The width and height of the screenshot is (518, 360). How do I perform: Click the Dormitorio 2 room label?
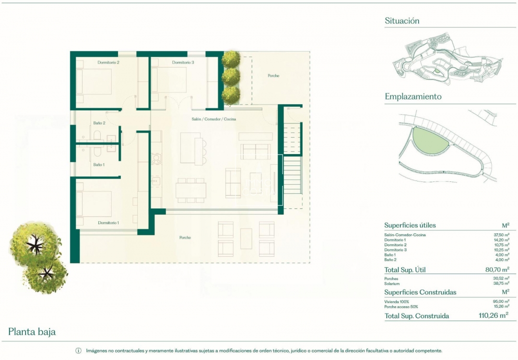(x=108, y=62)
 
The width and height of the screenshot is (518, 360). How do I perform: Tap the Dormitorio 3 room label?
(x=183, y=62)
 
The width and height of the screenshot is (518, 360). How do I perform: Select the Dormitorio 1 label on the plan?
(x=108, y=222)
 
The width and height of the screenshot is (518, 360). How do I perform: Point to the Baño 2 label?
(x=99, y=123)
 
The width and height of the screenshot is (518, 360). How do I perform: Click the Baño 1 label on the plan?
(x=99, y=165)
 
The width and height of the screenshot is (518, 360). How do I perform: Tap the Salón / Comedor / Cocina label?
(x=214, y=119)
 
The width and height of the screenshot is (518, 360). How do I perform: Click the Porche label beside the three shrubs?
(x=273, y=76)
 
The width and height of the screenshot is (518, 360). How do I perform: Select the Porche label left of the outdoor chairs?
(x=185, y=237)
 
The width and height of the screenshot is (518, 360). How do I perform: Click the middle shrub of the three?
(x=231, y=77)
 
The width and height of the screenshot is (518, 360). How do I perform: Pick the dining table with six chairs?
(x=191, y=191)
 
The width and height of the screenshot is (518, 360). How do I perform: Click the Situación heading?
(x=402, y=21)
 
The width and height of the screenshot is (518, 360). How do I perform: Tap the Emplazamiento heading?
(x=413, y=96)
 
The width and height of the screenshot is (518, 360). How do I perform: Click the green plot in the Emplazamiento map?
(x=429, y=141)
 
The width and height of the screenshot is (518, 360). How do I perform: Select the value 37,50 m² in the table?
(x=502, y=235)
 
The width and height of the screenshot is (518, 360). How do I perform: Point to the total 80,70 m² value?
(x=497, y=269)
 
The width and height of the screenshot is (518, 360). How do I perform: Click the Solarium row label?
(x=392, y=284)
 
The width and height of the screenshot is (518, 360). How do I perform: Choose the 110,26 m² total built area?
(x=494, y=315)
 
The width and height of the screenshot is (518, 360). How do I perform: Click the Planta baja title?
(x=32, y=332)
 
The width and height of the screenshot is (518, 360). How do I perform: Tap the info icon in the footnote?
(x=78, y=351)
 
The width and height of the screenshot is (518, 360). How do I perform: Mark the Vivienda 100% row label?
(x=397, y=301)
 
